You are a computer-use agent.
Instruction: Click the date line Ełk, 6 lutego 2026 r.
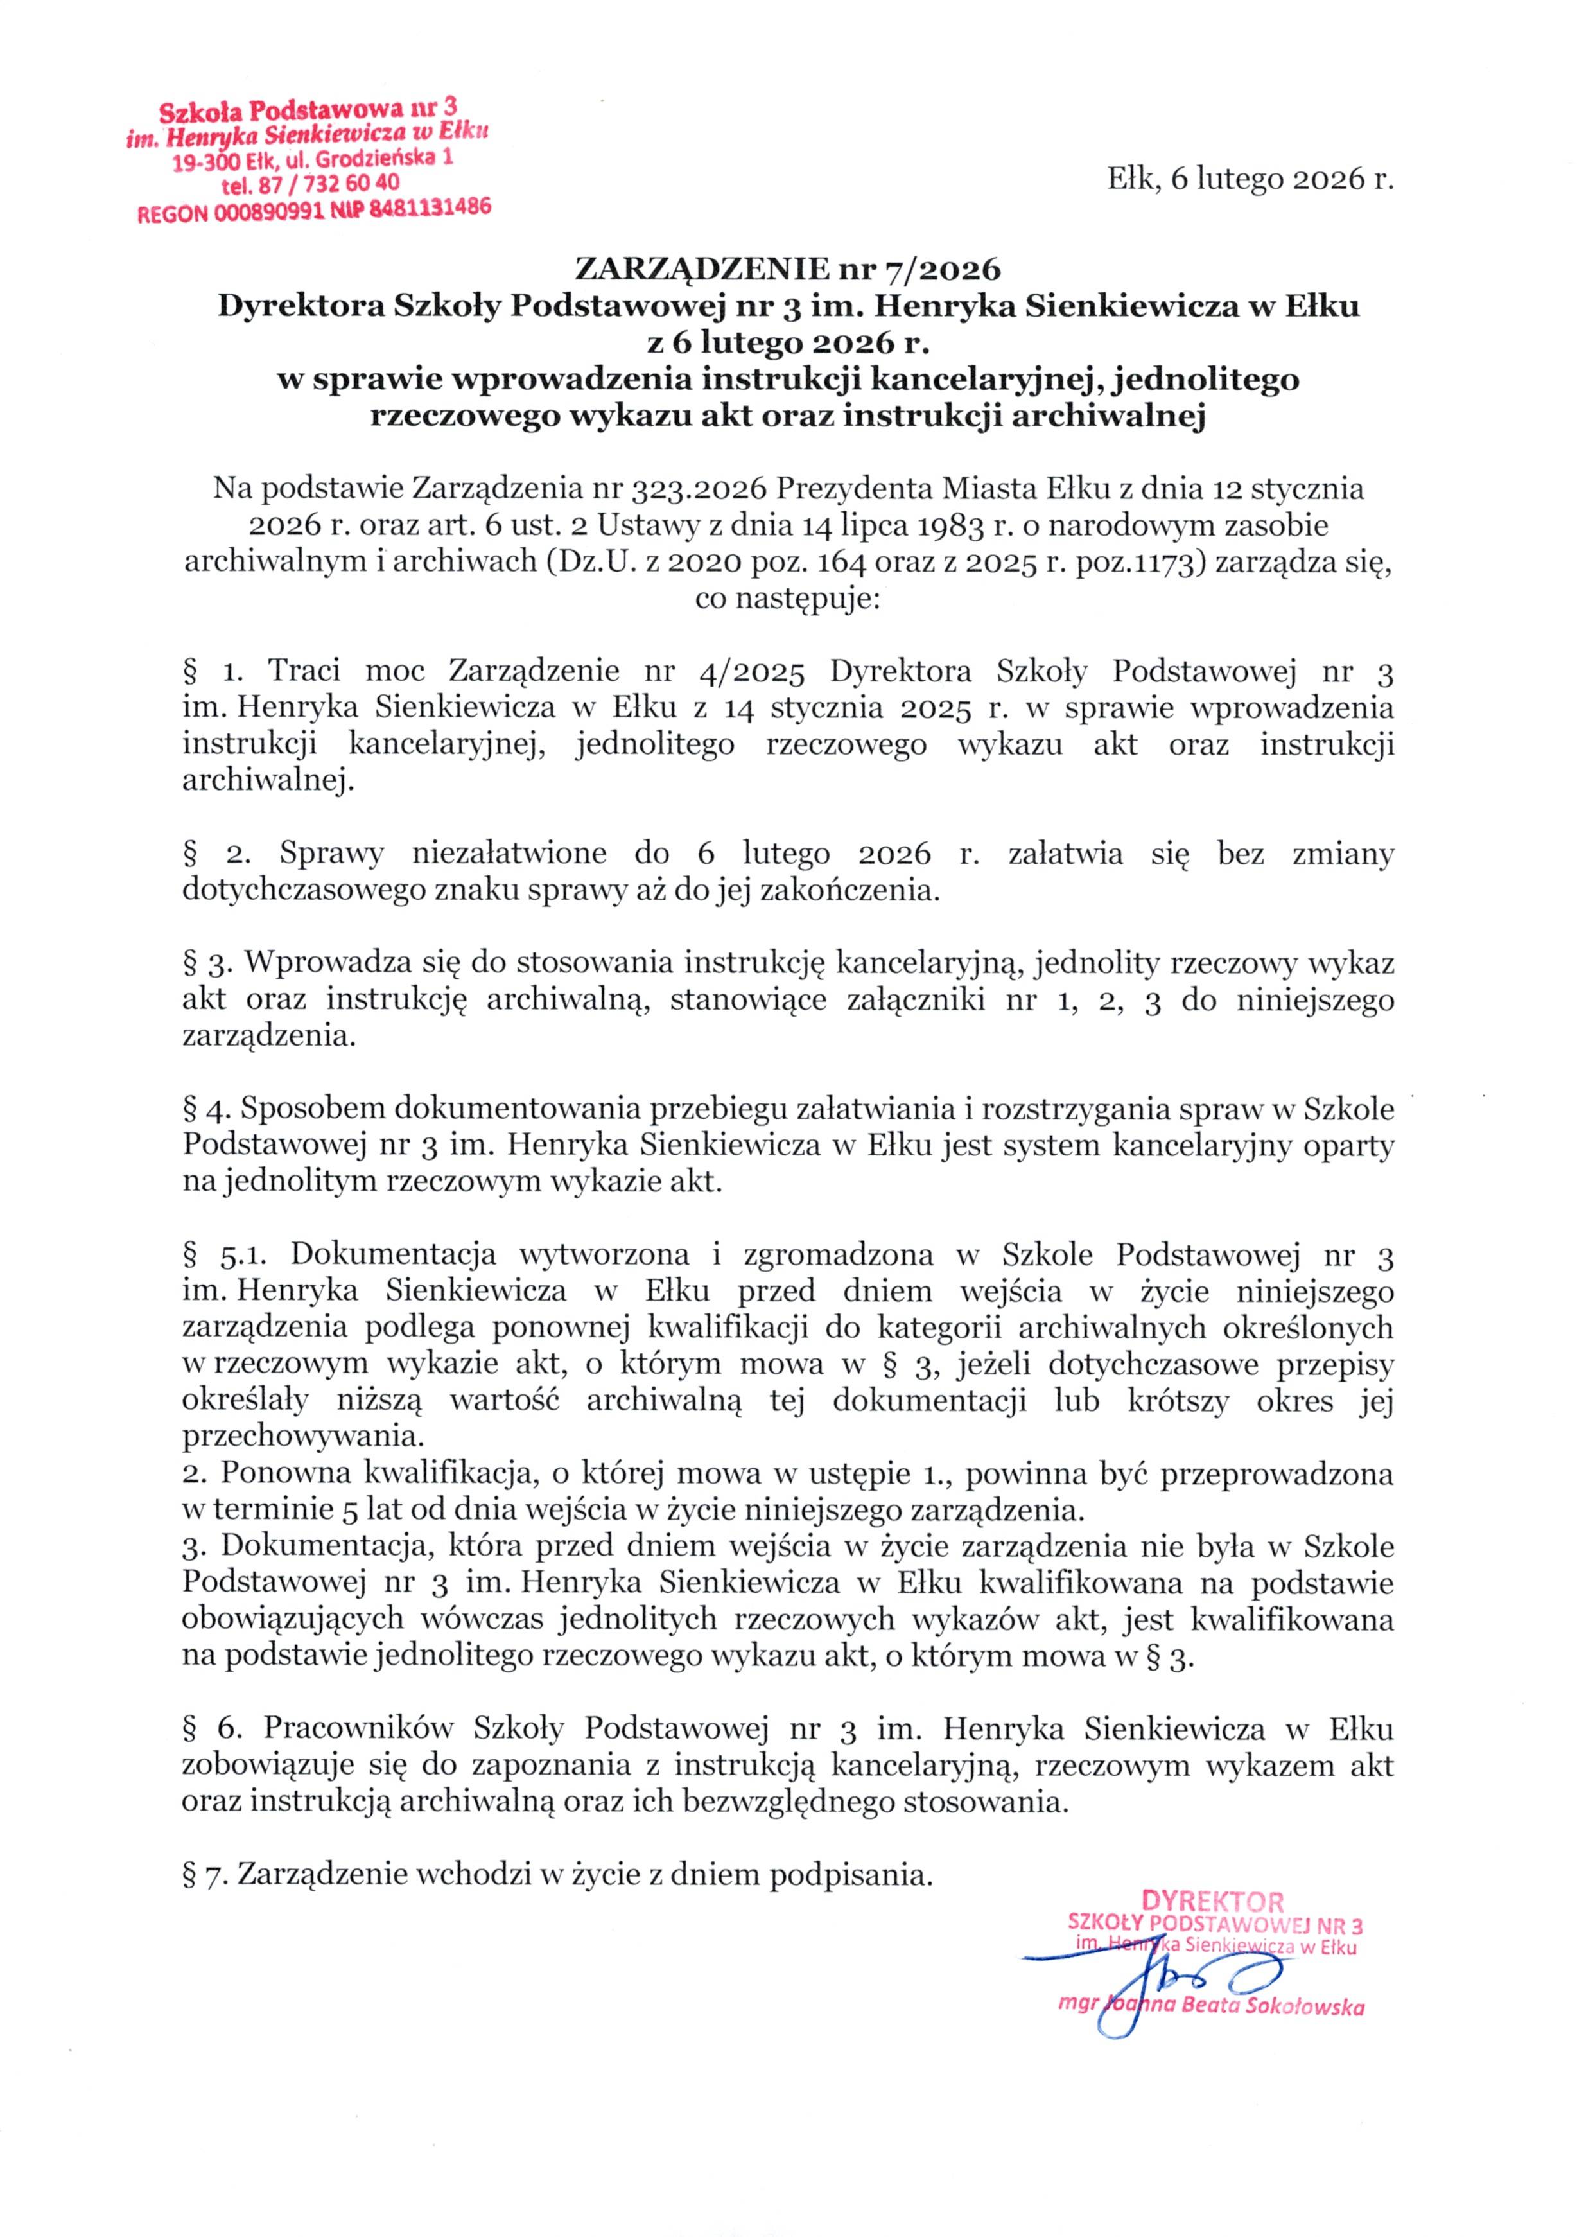[x=1250, y=179]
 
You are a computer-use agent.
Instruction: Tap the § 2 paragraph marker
[x=217, y=854]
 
